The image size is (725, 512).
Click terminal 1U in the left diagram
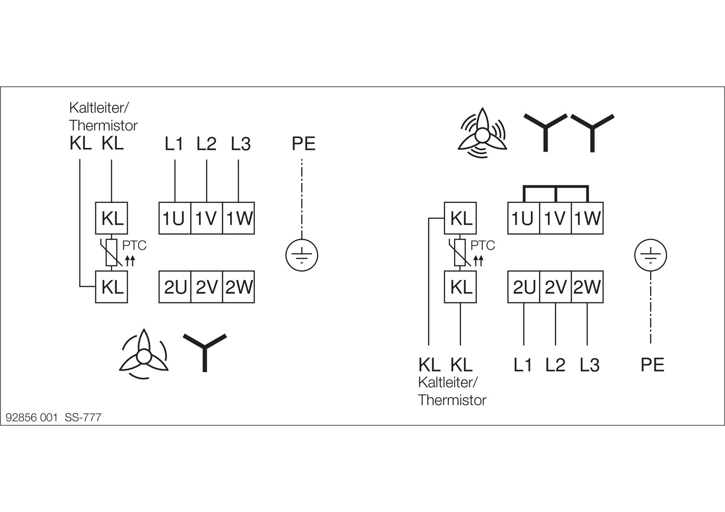point(175,219)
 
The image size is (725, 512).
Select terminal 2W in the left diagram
point(239,287)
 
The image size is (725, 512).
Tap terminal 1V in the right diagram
point(556,219)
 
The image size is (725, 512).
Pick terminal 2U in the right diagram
point(524,287)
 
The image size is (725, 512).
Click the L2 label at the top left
point(206,144)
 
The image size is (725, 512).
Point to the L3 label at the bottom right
point(589,365)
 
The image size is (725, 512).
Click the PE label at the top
point(303,144)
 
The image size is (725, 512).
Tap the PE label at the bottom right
point(652,365)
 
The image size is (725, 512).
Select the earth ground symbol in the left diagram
point(301,256)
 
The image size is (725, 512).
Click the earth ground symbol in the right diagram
point(651,256)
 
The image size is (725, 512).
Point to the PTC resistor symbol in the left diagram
point(112,253)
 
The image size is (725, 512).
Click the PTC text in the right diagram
point(483,246)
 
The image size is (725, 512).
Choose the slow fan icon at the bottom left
point(143,355)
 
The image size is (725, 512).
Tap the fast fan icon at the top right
point(483,133)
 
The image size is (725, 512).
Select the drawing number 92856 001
point(31,418)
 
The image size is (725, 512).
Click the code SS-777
point(83,418)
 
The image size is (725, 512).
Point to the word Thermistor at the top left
point(103,126)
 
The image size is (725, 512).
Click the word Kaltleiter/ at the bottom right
point(448,382)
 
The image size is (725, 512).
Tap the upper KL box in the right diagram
point(460,219)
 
